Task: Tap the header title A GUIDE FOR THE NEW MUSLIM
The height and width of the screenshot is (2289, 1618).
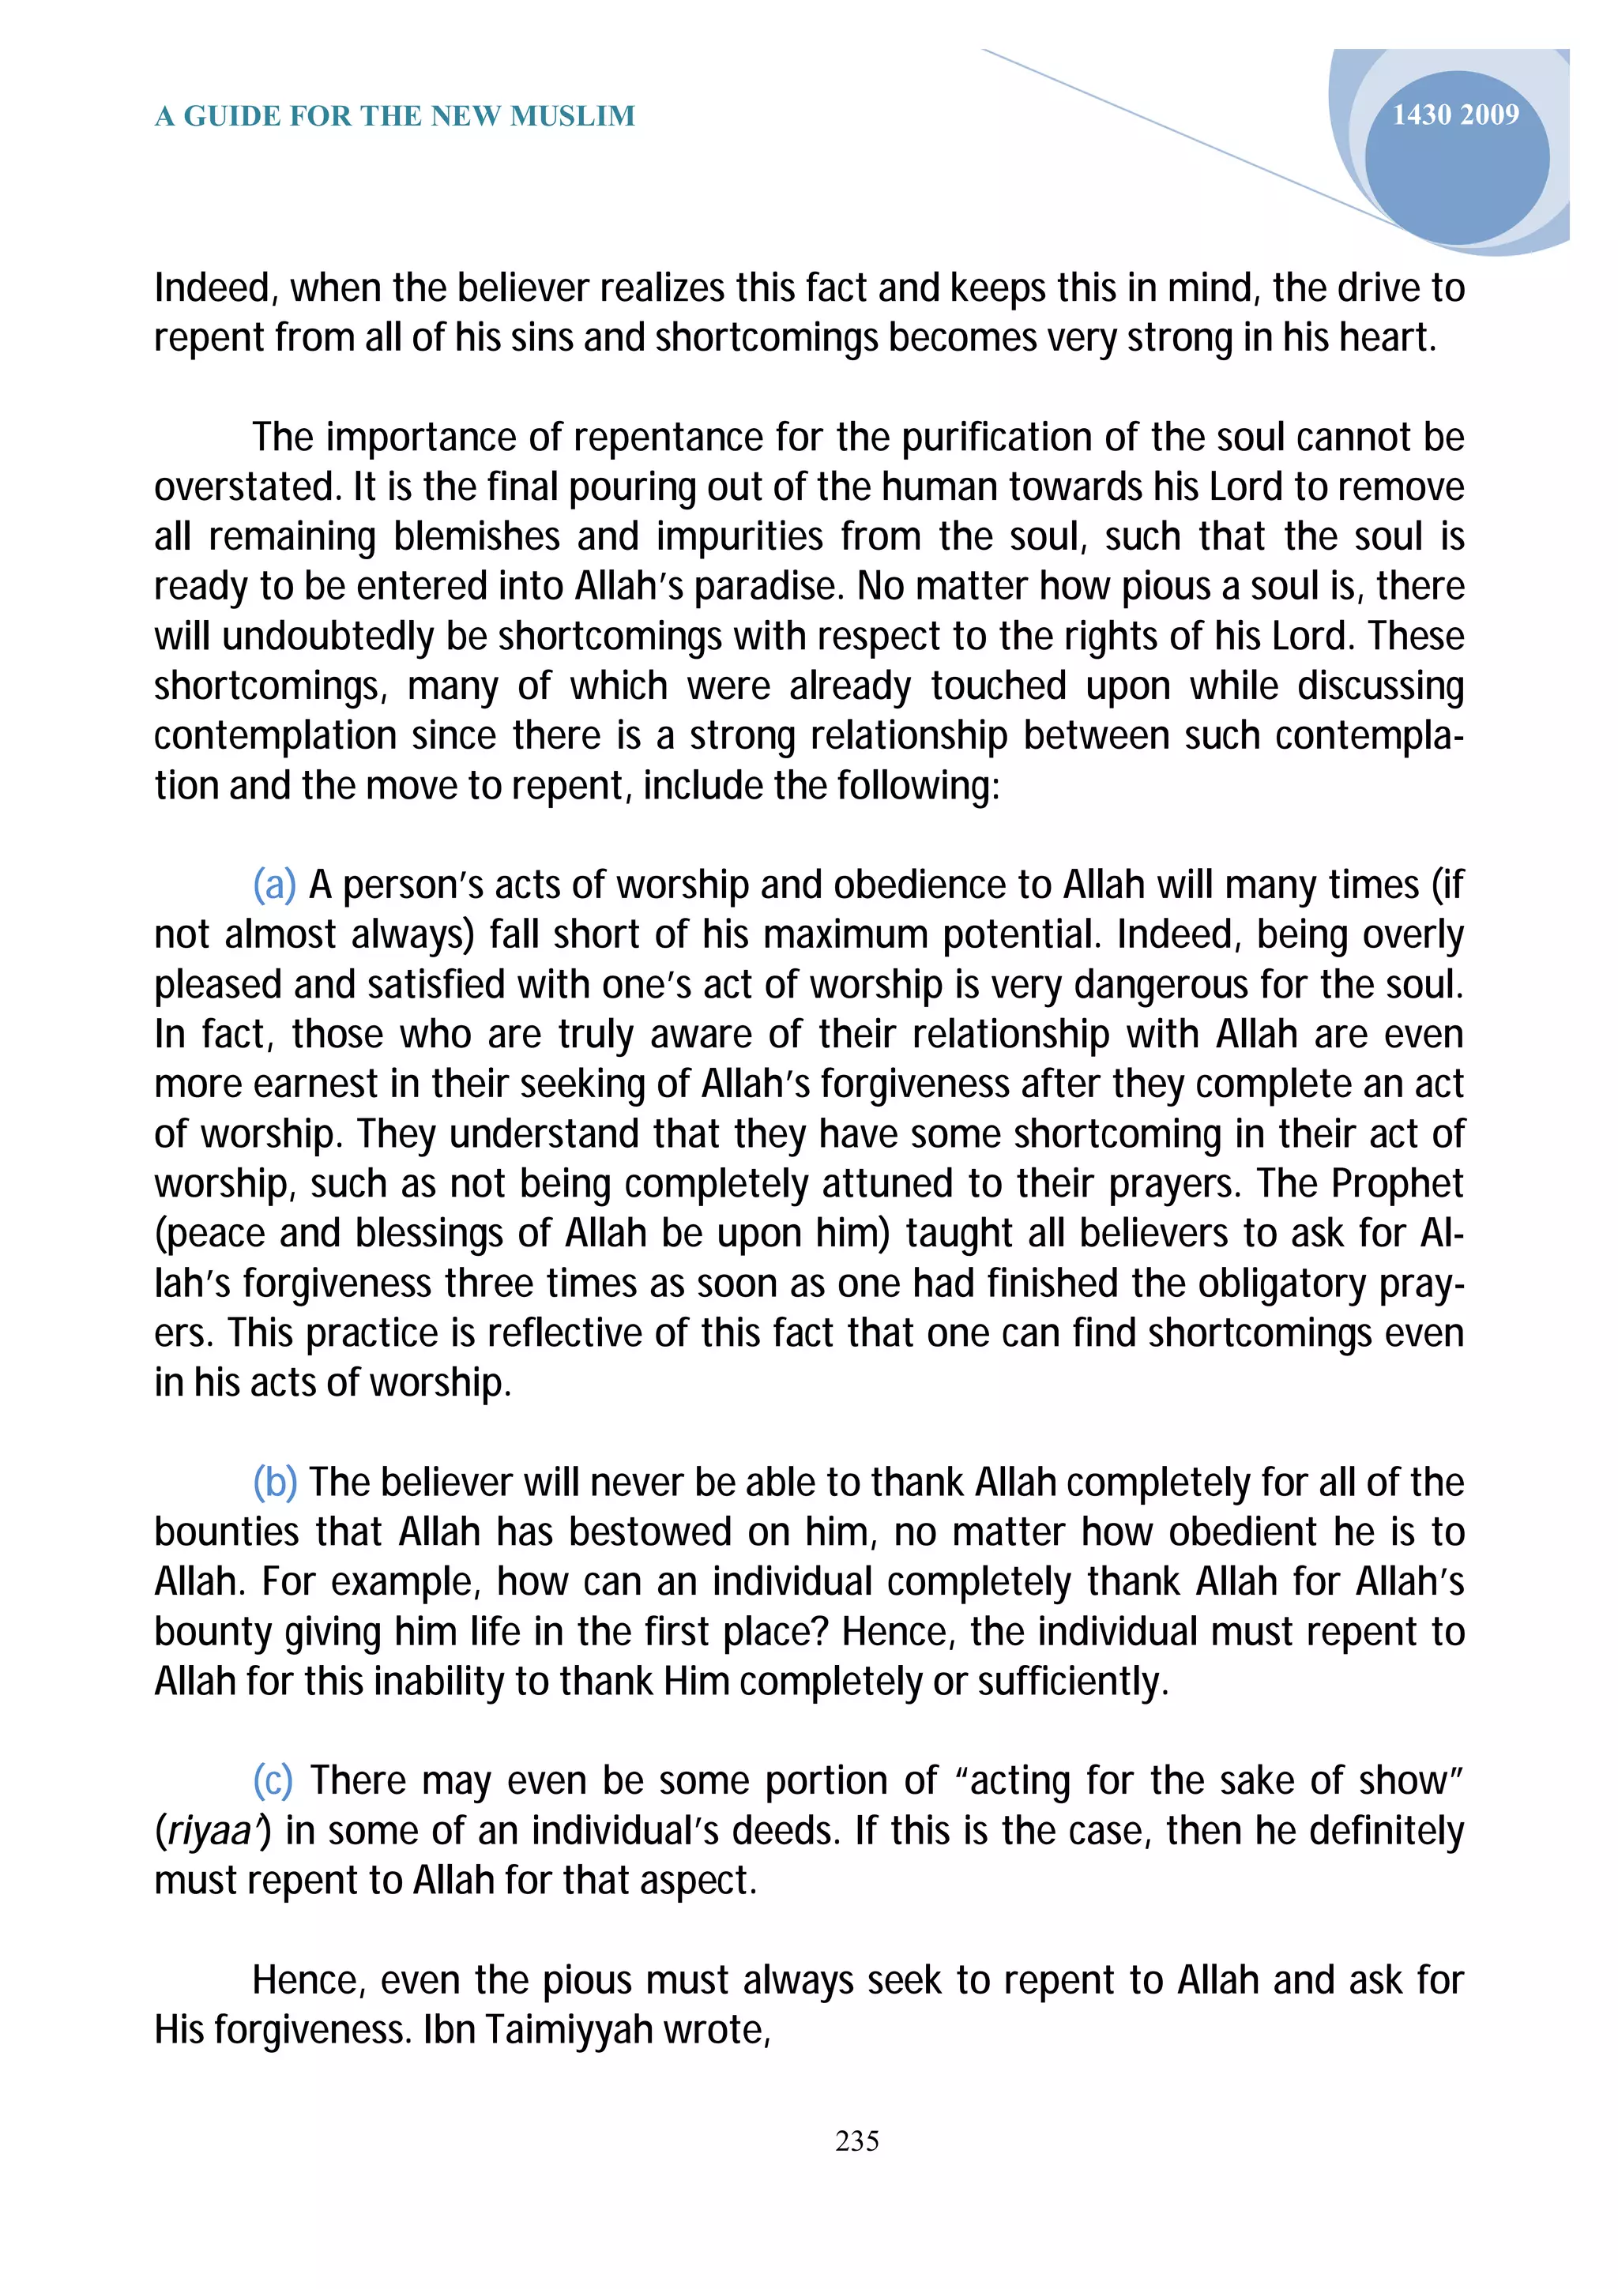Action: (x=395, y=117)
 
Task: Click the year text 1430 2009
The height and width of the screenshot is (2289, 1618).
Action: (x=1454, y=115)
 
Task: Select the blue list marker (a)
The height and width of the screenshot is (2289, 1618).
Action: (x=274, y=885)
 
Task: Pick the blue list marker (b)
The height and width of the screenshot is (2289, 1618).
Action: (x=275, y=1483)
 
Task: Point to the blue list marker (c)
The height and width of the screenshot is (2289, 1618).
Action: (x=273, y=1780)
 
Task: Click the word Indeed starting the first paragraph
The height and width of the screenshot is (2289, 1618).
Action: (x=214, y=288)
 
